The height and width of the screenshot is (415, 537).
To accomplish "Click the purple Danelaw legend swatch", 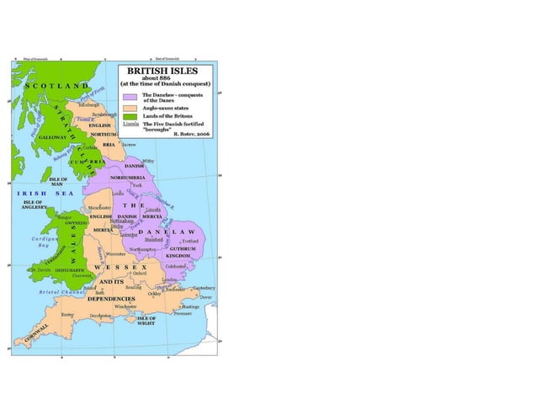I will pos(128,97).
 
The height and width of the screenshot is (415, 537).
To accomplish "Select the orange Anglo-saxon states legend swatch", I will pos(128,108).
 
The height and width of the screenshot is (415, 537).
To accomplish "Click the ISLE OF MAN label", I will pos(58,181).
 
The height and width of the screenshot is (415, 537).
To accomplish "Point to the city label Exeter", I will pos(67,314).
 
